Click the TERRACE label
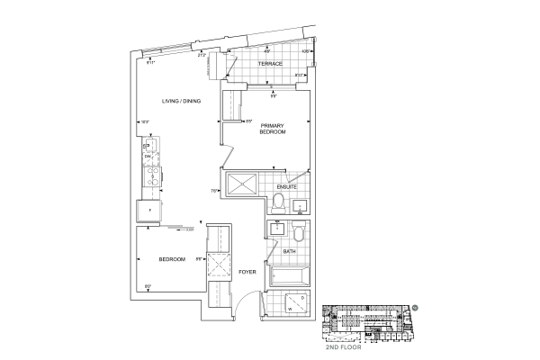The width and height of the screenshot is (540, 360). (x=271, y=65)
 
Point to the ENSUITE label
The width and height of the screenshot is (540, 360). (x=300, y=186)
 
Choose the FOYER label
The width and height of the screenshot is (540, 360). (x=247, y=270)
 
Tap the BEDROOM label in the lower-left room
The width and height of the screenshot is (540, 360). (x=171, y=259)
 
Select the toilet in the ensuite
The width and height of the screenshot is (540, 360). (x=279, y=200)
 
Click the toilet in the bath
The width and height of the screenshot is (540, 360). (x=301, y=233)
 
